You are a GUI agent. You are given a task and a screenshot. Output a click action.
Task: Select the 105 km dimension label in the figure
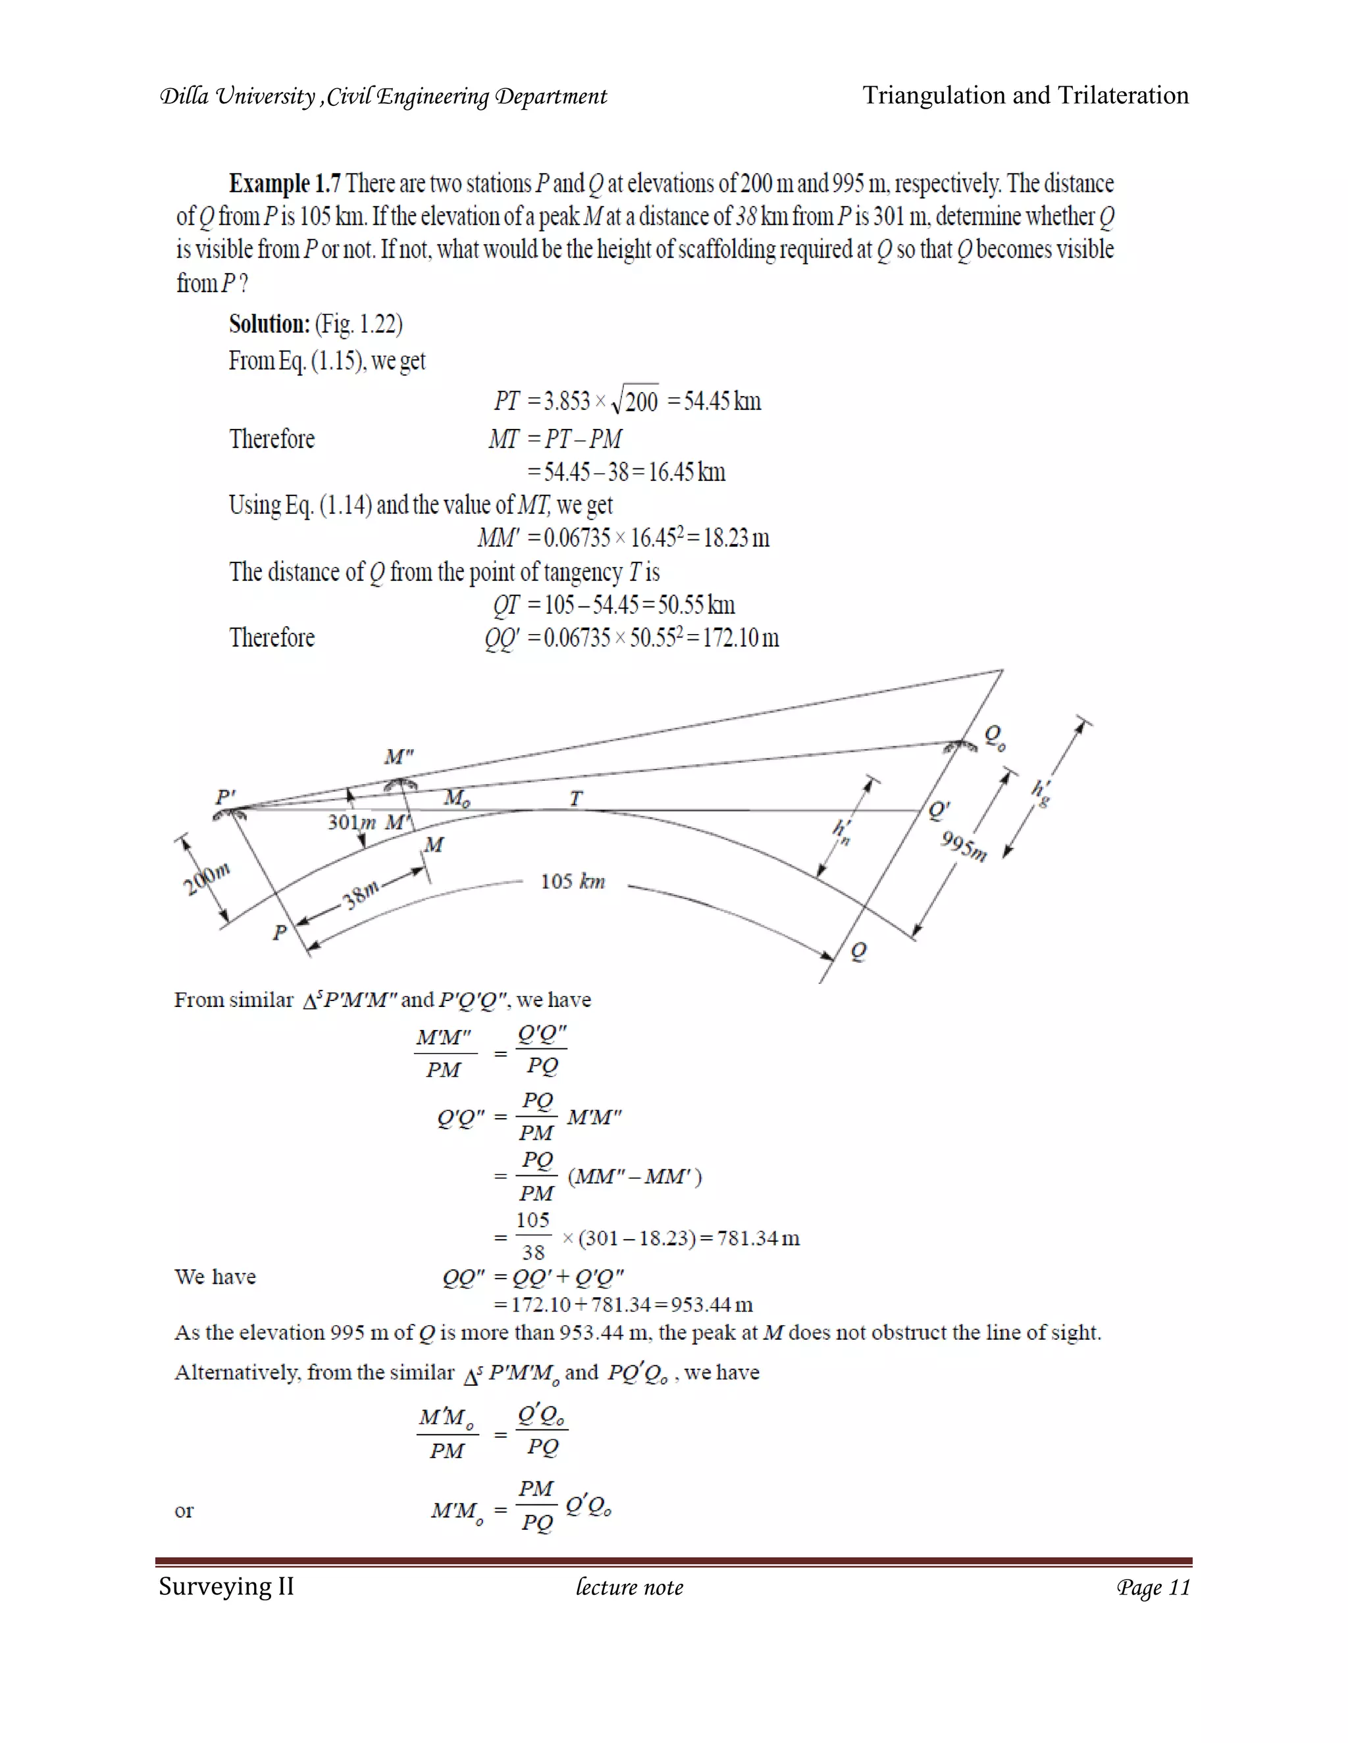tap(573, 882)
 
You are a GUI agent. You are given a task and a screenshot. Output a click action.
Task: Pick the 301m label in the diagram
tap(351, 822)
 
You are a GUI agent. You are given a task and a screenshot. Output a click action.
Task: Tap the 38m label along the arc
tap(361, 895)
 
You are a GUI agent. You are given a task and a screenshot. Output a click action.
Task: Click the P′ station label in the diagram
tap(226, 797)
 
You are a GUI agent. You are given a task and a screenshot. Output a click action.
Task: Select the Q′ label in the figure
tap(939, 810)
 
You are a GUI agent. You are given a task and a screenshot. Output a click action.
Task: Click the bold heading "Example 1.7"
tap(284, 184)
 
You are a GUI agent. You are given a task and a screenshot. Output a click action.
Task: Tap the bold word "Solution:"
tap(269, 324)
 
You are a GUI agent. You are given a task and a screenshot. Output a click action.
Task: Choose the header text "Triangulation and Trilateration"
tap(1025, 96)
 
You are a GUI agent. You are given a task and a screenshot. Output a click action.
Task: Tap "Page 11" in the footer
tap(1153, 1587)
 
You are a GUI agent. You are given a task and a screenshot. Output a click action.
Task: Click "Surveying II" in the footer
tap(226, 1586)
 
